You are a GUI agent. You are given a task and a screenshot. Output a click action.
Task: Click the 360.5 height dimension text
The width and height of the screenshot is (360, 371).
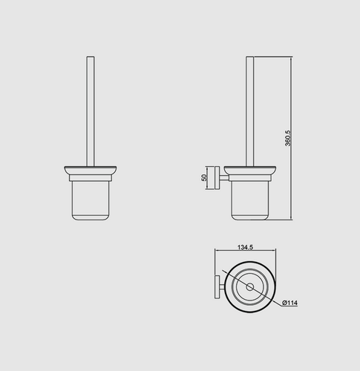(x=288, y=138)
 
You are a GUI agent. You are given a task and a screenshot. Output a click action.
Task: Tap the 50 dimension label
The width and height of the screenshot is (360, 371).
(x=204, y=177)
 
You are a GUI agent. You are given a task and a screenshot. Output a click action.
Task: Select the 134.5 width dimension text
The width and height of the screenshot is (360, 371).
(x=245, y=247)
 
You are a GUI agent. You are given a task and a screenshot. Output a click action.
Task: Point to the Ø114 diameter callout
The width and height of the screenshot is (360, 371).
(x=290, y=303)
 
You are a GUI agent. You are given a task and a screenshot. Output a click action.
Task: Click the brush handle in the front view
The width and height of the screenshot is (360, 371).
(x=91, y=111)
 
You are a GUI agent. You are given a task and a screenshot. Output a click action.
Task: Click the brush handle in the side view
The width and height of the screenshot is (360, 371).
(x=250, y=111)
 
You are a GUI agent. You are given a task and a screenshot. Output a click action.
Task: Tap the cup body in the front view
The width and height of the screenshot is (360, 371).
(x=91, y=200)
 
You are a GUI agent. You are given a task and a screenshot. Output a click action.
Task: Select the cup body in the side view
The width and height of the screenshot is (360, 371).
(x=250, y=200)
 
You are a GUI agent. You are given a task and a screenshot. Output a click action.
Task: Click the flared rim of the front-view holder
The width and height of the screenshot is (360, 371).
(x=91, y=171)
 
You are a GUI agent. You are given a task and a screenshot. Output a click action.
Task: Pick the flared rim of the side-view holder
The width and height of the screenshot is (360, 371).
(x=250, y=171)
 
